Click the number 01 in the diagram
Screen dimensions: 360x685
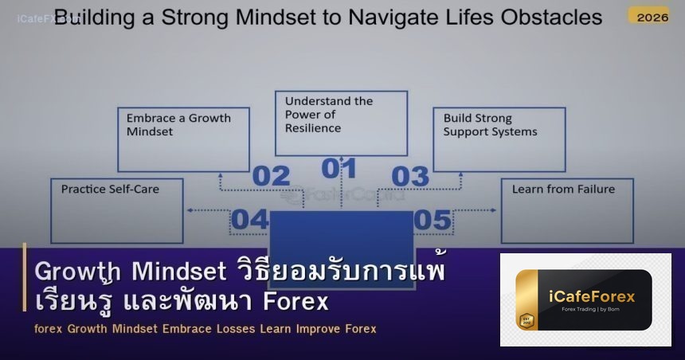tap(339, 169)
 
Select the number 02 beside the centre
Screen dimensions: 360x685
tap(271, 176)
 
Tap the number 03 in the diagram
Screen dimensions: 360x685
tap(410, 176)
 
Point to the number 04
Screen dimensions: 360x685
tap(250, 219)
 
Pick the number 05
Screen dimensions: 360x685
tap(433, 219)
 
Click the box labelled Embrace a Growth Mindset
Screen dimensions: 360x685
tap(183, 139)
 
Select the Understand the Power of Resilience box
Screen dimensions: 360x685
tap(341, 123)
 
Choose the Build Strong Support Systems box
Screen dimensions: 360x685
tap(499, 139)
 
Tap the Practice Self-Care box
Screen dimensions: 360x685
tap(116, 210)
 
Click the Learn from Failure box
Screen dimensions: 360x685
tap(567, 210)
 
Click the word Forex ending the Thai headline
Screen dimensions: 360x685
tap(299, 303)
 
